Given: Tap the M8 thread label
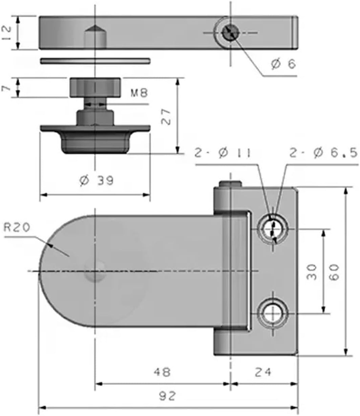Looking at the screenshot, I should point(139,92).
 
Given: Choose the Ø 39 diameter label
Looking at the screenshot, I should point(97,181).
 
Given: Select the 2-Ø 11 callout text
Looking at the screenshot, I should point(223,153).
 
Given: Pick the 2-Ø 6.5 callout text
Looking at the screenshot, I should point(323,153).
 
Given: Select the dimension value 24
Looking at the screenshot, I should point(263,372).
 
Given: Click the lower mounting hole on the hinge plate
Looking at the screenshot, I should point(273,313).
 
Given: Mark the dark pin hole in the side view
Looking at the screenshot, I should point(230,33).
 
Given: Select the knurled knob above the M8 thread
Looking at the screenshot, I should point(95,87).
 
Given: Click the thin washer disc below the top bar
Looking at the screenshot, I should point(95,61).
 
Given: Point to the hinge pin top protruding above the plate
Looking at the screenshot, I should point(230,184).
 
